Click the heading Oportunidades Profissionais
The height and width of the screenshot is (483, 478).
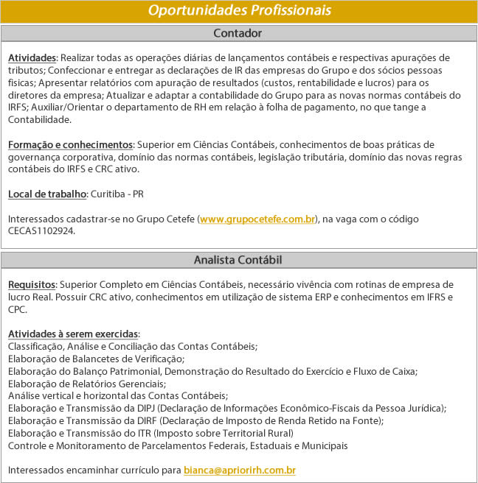click(238, 11)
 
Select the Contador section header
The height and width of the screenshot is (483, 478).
click(238, 33)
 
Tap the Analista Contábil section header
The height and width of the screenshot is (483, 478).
click(238, 259)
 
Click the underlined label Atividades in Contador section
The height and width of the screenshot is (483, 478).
click(32, 57)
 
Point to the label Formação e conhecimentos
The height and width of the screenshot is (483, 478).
click(70, 144)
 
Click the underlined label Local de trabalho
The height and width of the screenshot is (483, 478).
click(47, 194)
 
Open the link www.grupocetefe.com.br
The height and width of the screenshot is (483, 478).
click(257, 219)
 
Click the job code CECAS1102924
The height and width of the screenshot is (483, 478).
click(41, 230)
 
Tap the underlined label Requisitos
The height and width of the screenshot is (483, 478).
click(32, 284)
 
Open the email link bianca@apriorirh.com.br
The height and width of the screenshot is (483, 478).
click(240, 470)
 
